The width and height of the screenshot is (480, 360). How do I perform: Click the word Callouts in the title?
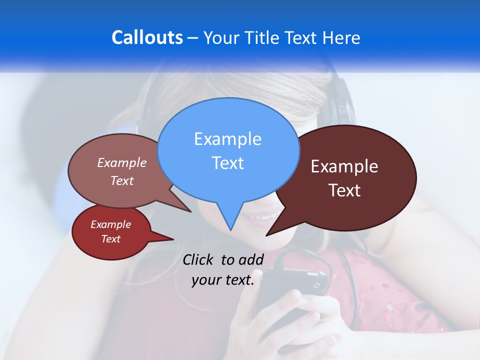click(x=147, y=37)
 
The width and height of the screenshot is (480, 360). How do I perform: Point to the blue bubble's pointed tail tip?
click(x=230, y=230)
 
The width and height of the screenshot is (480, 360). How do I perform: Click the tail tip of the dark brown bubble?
click(x=266, y=235)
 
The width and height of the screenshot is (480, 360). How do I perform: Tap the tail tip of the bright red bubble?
click(x=173, y=239)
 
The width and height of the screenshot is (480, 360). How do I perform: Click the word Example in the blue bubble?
click(x=227, y=138)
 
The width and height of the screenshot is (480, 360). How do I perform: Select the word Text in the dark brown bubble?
click(x=344, y=190)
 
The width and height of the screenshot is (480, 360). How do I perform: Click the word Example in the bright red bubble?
click(x=110, y=224)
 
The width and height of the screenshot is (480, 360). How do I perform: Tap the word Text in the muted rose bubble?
click(x=122, y=180)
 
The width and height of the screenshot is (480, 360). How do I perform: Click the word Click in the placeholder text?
click(x=199, y=259)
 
